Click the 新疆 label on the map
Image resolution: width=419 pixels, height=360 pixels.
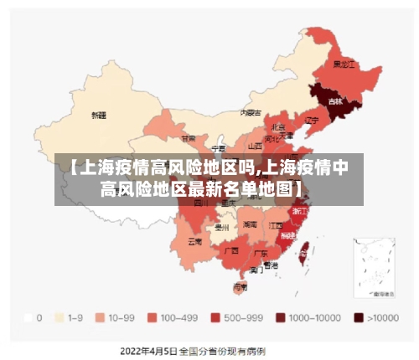click(99, 115)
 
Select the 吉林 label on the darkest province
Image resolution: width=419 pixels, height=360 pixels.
click(335, 101)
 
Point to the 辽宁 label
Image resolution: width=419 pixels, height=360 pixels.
click(312, 121)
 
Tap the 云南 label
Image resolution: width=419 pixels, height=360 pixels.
click(194, 242)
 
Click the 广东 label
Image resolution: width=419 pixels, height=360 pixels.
click(261, 252)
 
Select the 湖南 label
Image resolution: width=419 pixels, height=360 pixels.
click(250, 224)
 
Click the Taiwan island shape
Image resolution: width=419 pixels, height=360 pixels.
click(305, 248)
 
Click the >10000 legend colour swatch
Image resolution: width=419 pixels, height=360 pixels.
click(358, 317)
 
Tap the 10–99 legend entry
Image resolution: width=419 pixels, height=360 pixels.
click(116, 317)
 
